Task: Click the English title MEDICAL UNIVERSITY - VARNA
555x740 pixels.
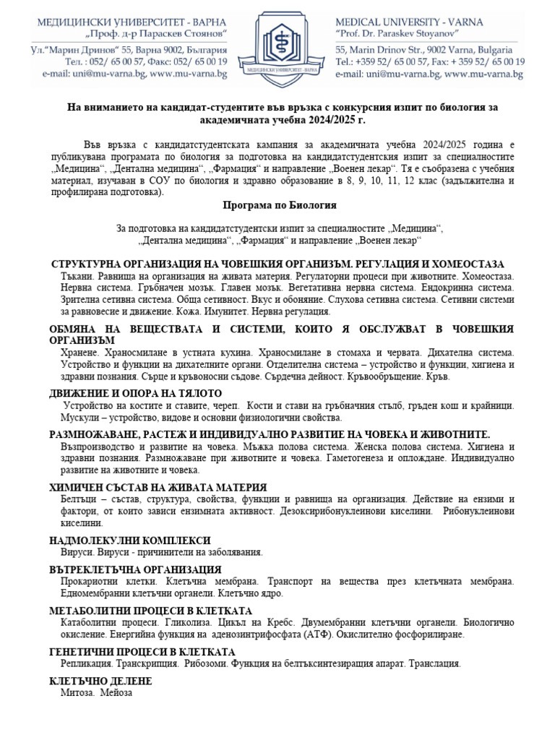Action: point(410,22)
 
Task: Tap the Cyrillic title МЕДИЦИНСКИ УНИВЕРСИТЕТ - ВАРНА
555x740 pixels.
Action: point(133,22)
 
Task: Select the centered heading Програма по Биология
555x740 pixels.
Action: point(277,205)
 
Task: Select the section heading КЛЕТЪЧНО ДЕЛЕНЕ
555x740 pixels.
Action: point(100,681)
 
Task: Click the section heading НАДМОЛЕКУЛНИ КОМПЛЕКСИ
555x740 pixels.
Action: point(130,540)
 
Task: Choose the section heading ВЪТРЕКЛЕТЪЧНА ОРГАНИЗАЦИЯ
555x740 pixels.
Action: point(135,569)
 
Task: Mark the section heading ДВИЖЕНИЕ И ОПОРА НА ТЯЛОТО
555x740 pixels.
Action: point(136,393)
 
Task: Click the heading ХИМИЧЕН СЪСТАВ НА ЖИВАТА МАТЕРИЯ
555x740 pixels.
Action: point(158,487)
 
